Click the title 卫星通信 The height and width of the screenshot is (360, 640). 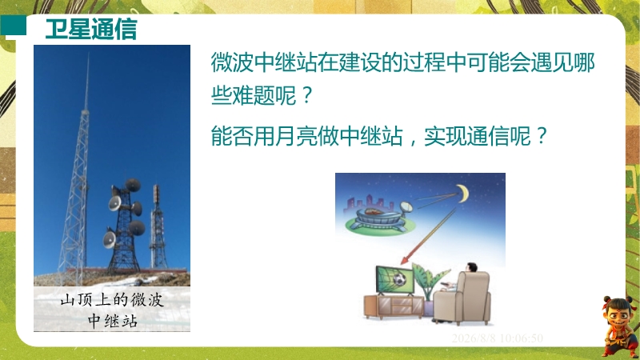(x=91, y=29)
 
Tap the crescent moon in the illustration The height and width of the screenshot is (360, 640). (x=464, y=194)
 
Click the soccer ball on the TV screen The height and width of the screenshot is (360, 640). (x=399, y=279)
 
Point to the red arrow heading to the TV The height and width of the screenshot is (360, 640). (x=429, y=236)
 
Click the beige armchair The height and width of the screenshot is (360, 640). (x=462, y=298)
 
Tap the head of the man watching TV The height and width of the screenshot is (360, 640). (x=471, y=268)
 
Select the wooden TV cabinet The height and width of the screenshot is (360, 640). (x=394, y=306)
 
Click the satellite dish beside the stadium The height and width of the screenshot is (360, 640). (x=406, y=207)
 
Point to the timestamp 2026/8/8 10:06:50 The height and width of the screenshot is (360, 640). (x=497, y=338)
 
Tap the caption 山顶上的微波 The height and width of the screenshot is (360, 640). (x=112, y=300)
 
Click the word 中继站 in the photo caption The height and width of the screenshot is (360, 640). (x=112, y=321)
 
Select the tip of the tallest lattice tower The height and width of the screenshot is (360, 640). (x=88, y=54)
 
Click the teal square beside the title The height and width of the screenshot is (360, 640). (x=13, y=25)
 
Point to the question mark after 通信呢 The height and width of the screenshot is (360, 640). (x=542, y=135)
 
